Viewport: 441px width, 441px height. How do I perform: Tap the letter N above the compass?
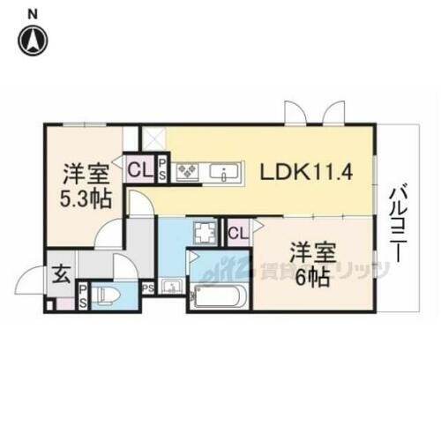33,13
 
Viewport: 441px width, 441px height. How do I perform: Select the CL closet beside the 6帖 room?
236,233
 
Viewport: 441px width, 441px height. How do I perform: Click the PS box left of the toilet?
83,295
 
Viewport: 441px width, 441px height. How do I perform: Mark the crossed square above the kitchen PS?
156,138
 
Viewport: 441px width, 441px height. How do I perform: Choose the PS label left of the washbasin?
147,287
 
